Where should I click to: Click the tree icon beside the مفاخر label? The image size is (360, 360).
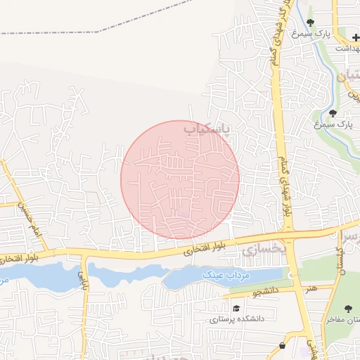(x=348, y=308)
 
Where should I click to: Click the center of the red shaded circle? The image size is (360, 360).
(x=180, y=179)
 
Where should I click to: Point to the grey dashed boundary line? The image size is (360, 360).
(x=84, y=32)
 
